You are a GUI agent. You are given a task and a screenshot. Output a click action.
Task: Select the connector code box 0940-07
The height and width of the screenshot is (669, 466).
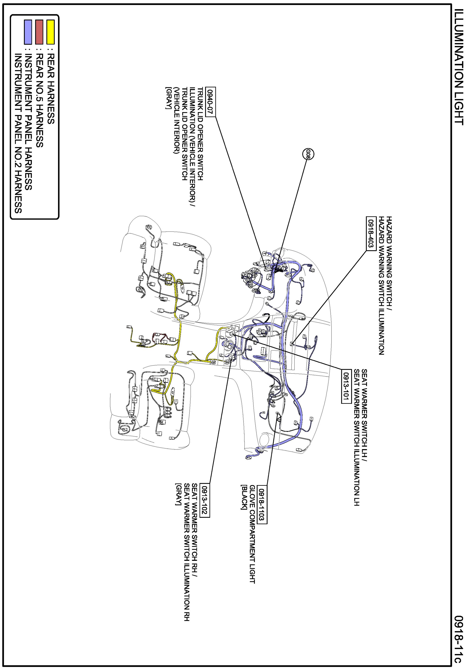click(210, 102)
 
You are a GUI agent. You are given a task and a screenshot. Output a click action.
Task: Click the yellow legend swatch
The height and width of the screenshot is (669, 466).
click(51, 32)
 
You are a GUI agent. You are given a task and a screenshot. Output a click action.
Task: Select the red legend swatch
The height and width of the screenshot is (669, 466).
click(39, 32)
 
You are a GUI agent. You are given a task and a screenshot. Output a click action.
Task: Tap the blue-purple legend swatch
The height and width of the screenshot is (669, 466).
click(28, 32)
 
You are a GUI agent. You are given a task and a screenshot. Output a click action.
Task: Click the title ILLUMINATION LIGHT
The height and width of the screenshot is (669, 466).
click(459, 67)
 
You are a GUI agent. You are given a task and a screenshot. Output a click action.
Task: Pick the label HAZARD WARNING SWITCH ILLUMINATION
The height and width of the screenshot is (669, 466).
click(382, 286)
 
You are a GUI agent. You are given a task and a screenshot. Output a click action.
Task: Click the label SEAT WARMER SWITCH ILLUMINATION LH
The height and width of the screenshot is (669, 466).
click(356, 437)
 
